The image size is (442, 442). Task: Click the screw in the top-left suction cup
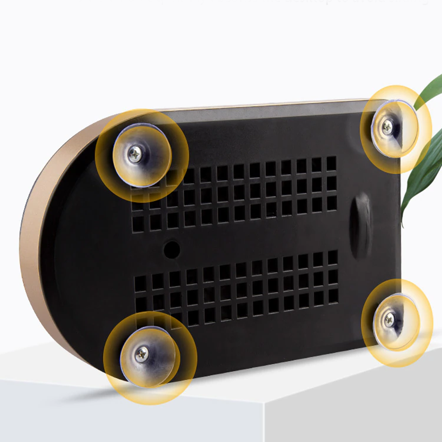(x=136, y=154)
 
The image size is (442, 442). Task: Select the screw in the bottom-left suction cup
(x=141, y=354)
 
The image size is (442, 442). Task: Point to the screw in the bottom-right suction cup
(x=389, y=319)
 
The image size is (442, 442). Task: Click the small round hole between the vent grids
(x=171, y=249)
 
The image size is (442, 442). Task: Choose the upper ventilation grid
(x=234, y=194)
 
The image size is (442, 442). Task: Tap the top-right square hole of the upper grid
(x=331, y=163)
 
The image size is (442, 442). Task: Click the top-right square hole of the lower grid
(x=333, y=257)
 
